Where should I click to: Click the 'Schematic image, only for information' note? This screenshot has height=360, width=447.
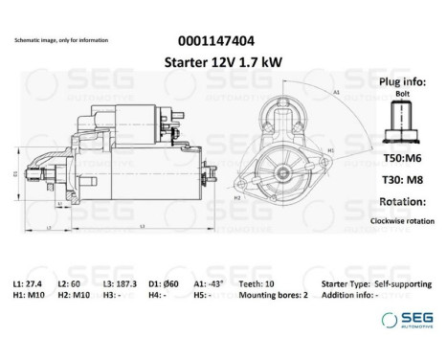point(61,41)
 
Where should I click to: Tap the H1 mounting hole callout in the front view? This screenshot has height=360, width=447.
point(330,151)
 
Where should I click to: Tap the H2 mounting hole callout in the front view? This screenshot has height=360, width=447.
point(235,195)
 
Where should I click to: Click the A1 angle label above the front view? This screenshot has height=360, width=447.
point(337,93)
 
